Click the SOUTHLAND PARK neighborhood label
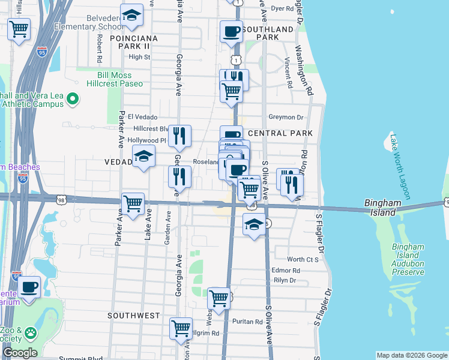pyautogui.click(x=269, y=32)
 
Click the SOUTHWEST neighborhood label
pyautogui.click(x=134, y=315)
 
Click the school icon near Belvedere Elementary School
pyautogui.click(x=131, y=16)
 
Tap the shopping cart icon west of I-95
pyautogui.click(x=19, y=28)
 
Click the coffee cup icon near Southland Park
pyautogui.click(x=231, y=32)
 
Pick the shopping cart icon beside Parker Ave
pyautogui.click(x=133, y=203)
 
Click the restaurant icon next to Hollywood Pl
pyautogui.click(x=179, y=137)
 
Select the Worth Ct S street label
pyautogui.click(x=303, y=259)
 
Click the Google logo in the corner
pyautogui.click(x=20, y=353)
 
